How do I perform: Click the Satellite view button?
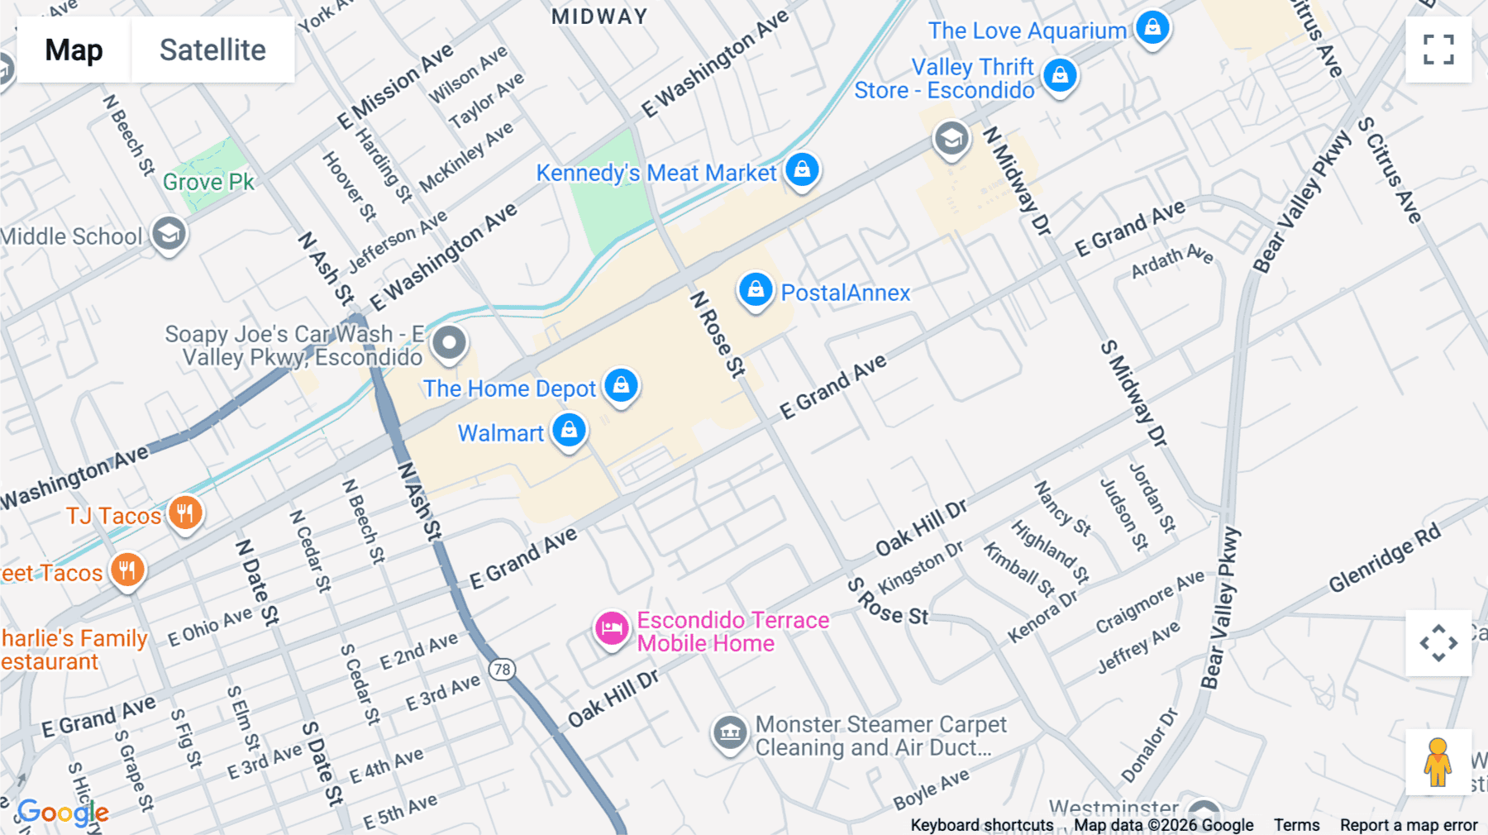coord(212,50)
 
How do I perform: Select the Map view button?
coord(74,50)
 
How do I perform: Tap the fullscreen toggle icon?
coord(1438,50)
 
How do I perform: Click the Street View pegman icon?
coord(1438,762)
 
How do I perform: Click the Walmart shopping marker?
coord(569,431)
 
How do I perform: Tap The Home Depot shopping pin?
coord(621,385)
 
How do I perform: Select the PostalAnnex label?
coord(845,293)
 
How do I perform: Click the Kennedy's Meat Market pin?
coord(802,170)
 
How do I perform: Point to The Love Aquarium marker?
coord(1152,28)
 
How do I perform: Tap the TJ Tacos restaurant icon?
coord(185,513)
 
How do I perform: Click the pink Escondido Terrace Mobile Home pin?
coord(612,629)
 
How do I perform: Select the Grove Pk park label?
coord(208,182)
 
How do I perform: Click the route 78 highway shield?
coord(502,669)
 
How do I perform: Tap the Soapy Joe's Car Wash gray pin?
coord(450,343)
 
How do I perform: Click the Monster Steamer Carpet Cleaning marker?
coord(729,732)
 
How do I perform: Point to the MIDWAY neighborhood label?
coord(599,17)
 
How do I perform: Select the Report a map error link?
coord(1409,825)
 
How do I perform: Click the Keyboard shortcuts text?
coord(981,825)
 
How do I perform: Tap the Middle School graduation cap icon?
coord(169,235)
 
